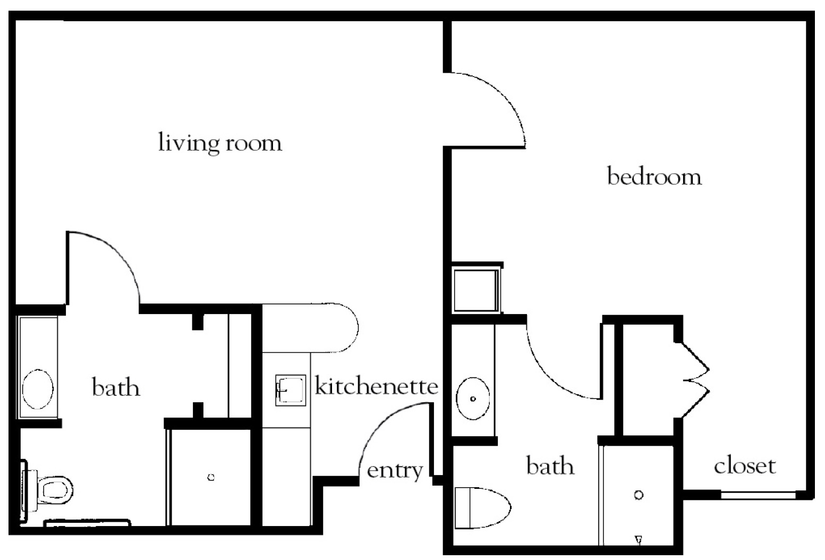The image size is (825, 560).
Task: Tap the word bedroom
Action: pos(654,176)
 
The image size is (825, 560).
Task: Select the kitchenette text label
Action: pos(376,386)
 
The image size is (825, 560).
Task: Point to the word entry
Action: pos(395,470)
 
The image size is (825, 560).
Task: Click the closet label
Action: pos(744,466)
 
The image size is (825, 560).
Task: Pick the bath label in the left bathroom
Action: pos(116,387)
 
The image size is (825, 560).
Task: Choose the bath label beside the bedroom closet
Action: pos(550,466)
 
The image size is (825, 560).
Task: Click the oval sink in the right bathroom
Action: pos(473,398)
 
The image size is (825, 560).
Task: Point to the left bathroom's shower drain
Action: pos(211,477)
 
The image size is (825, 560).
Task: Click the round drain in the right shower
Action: pos(639,495)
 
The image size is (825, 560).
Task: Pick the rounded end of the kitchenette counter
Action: pos(345,328)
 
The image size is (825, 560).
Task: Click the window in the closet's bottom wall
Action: pos(758,495)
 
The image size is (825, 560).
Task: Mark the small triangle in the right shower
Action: pos(639,540)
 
